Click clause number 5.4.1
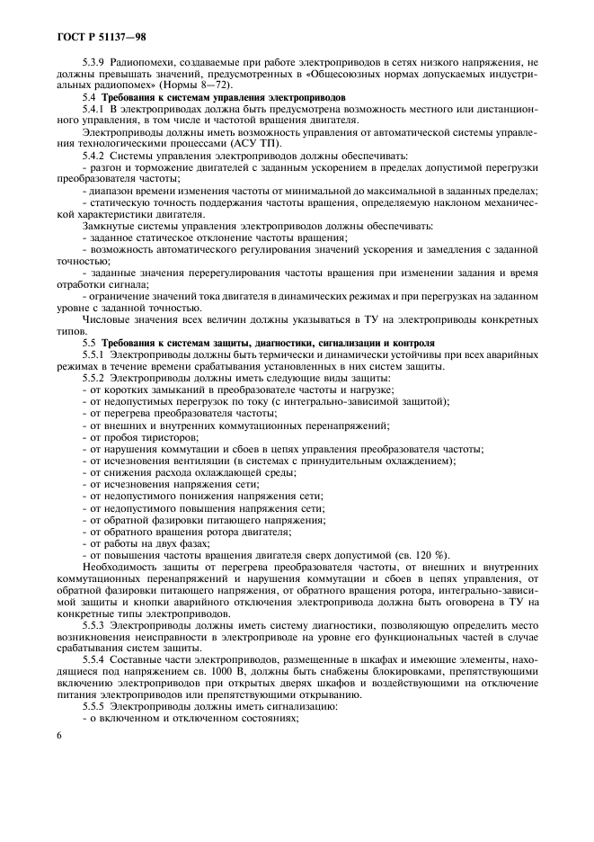point(94,107)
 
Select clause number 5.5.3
point(94,623)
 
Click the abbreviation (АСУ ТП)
point(284,144)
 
